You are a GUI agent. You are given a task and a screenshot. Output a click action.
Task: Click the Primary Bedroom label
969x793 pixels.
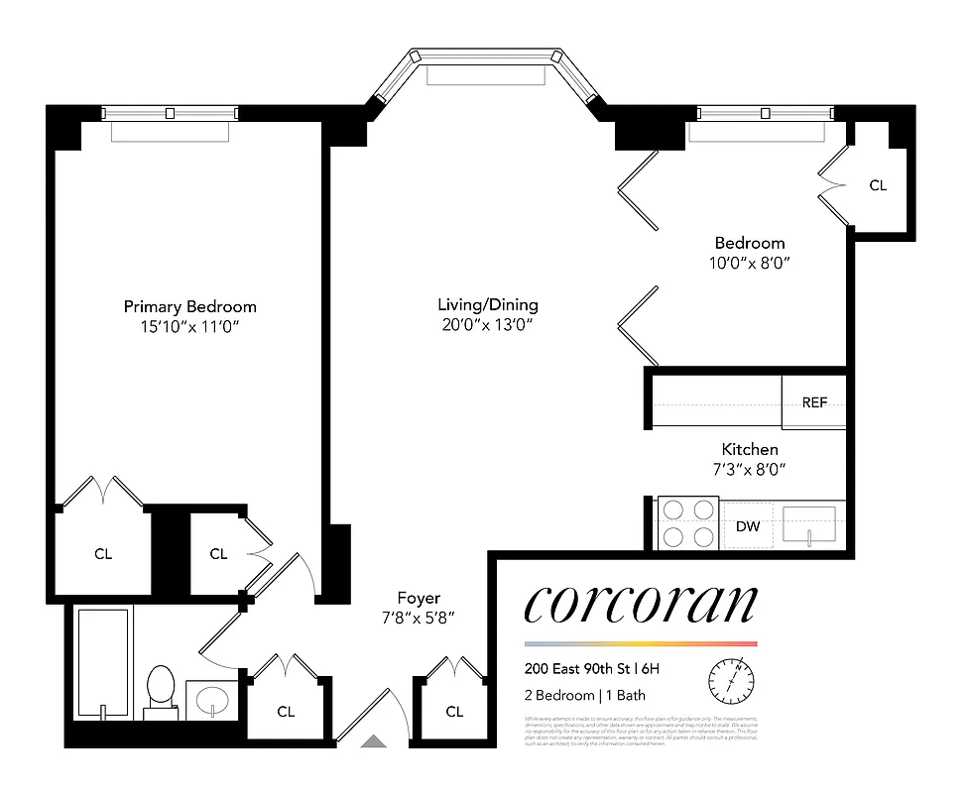click(189, 306)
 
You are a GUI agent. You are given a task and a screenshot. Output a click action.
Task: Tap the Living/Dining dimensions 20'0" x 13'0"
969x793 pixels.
click(487, 325)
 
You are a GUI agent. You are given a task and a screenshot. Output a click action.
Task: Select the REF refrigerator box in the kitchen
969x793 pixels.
click(814, 402)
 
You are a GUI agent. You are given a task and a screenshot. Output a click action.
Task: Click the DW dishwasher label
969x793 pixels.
click(747, 526)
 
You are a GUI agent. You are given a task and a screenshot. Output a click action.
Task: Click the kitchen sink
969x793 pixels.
click(809, 524)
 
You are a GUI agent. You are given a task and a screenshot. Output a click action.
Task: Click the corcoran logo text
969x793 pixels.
click(640, 604)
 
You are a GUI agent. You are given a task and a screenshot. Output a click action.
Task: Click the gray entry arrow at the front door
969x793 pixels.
click(374, 739)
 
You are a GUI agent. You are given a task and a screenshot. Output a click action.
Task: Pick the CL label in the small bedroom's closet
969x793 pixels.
click(878, 185)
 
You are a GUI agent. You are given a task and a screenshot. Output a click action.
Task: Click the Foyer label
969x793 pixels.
click(419, 598)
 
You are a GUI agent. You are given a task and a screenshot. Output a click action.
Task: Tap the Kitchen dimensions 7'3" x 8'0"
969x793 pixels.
click(750, 470)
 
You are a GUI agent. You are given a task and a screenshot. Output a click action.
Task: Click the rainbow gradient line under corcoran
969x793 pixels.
click(640, 643)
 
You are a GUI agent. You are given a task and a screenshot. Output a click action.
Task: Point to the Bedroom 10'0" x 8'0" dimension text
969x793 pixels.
click(750, 263)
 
